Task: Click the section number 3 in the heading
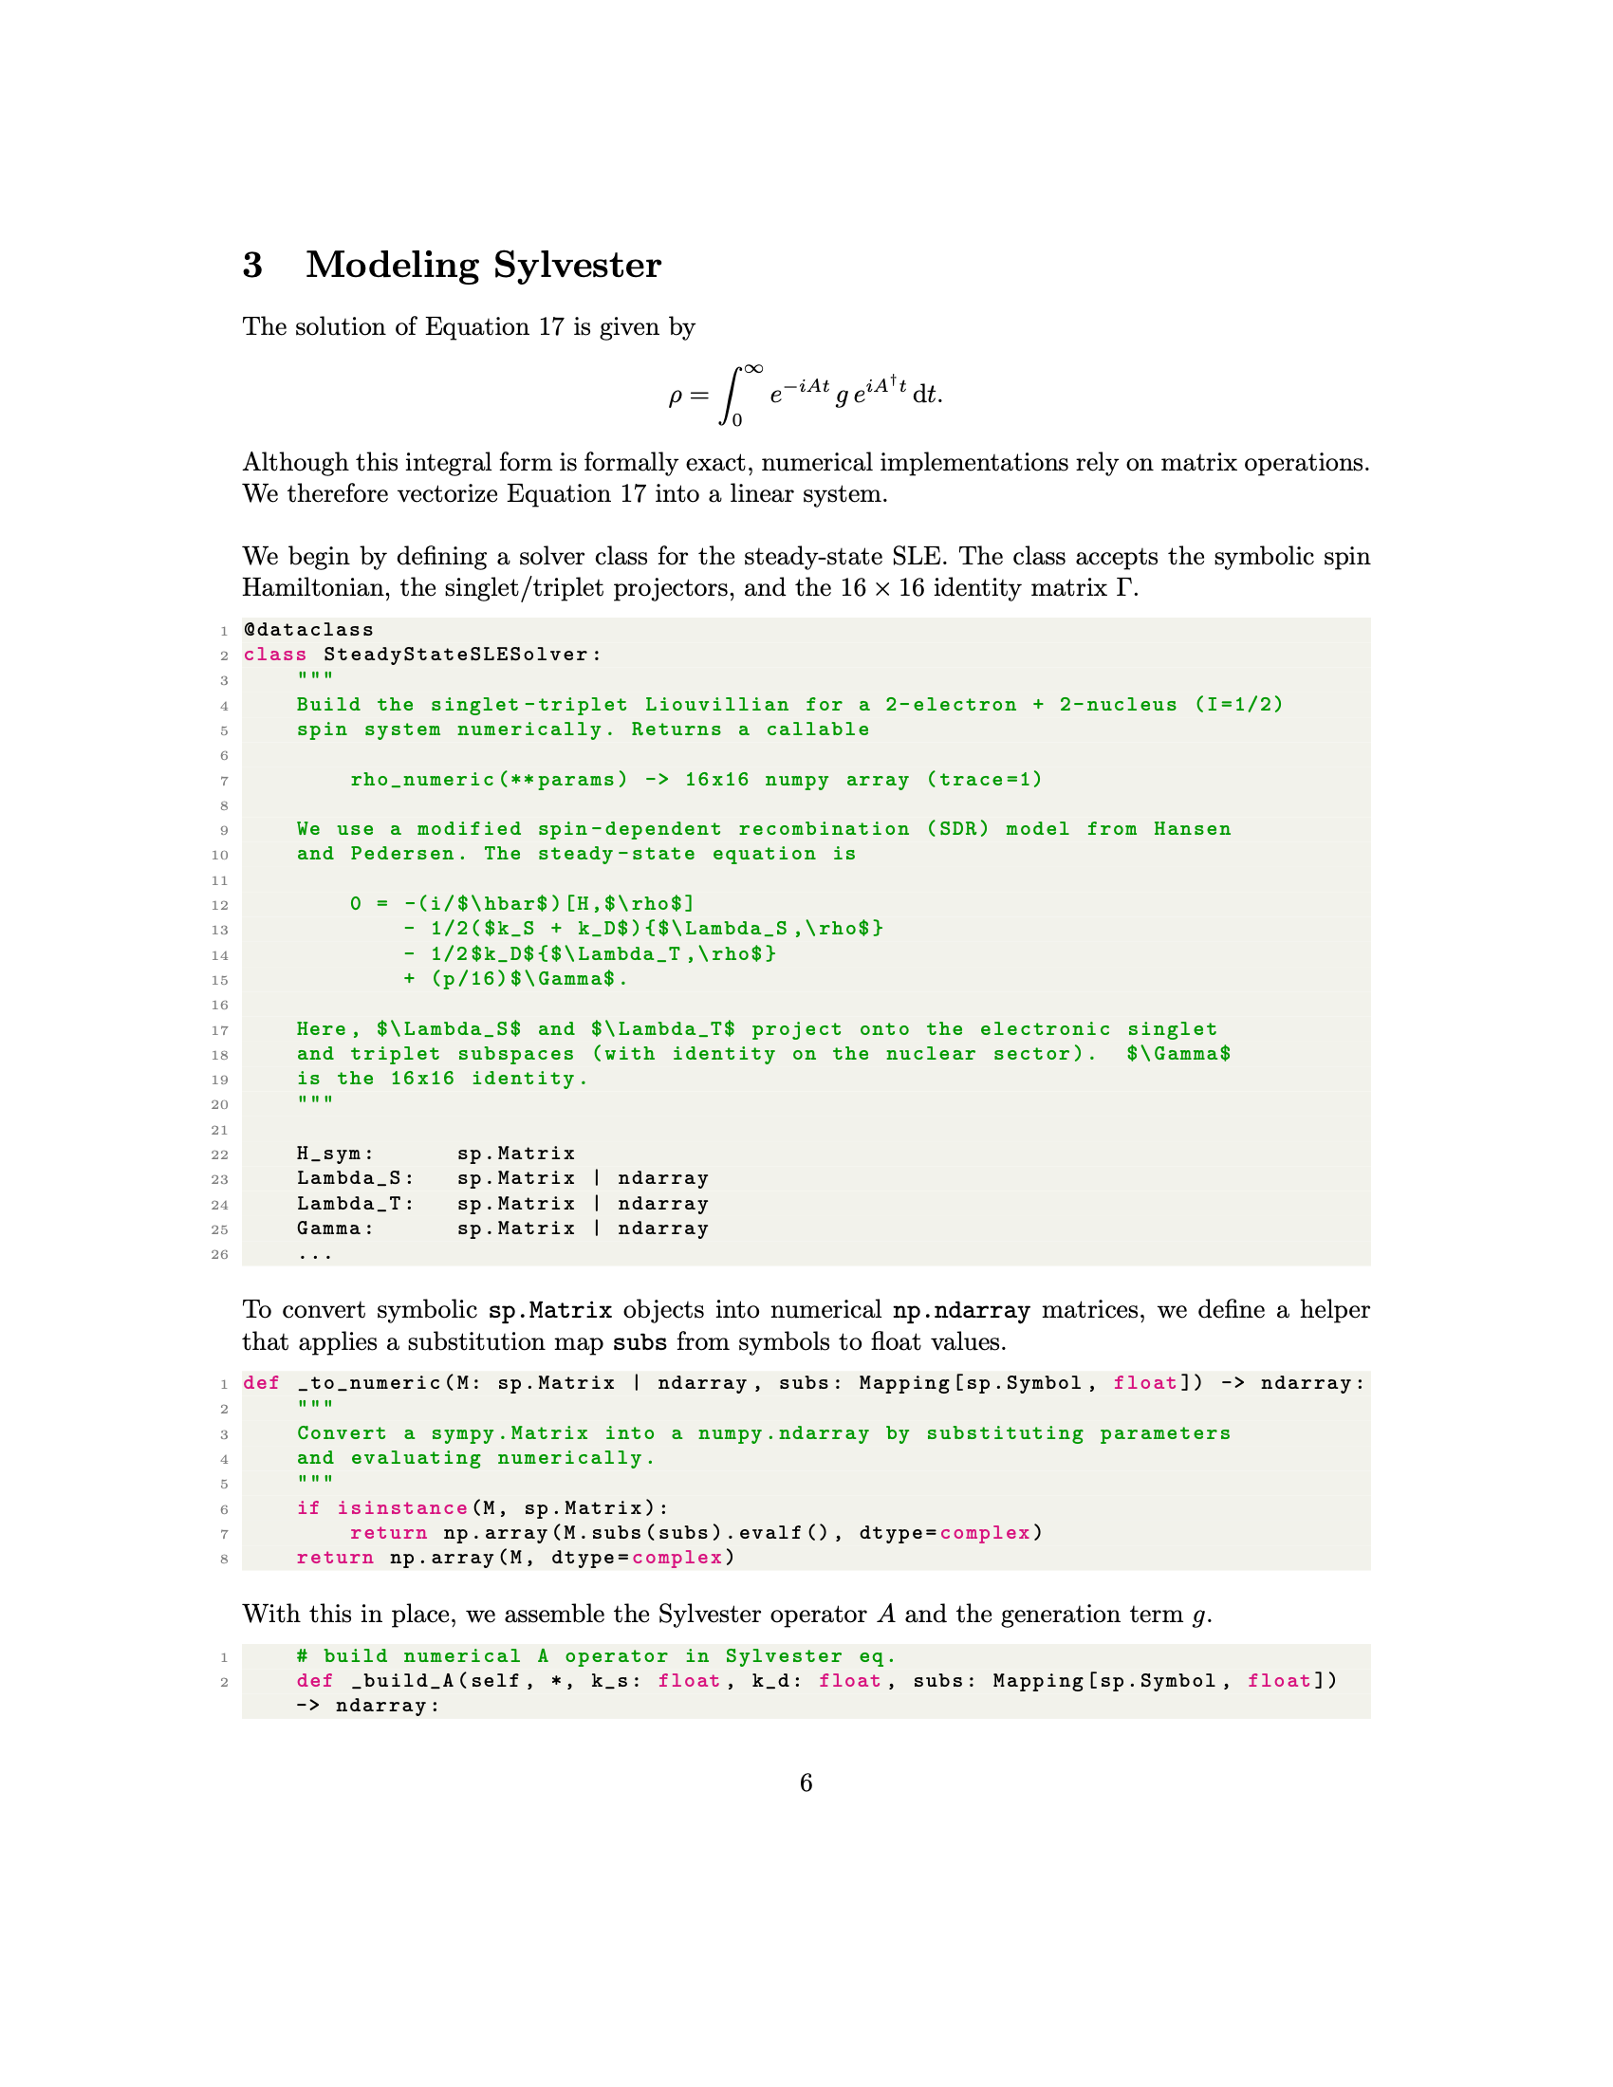coord(252,265)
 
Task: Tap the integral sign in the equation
coord(731,395)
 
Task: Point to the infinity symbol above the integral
coord(753,370)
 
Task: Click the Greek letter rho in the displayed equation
coord(676,396)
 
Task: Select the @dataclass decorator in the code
coord(308,630)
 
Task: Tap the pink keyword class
coord(275,655)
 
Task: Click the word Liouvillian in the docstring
coord(716,704)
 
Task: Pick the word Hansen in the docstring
coord(1192,828)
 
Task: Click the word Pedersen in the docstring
coord(409,854)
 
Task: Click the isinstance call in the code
coord(402,1507)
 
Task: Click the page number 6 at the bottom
coord(806,1782)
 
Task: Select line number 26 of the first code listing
coord(220,1254)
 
